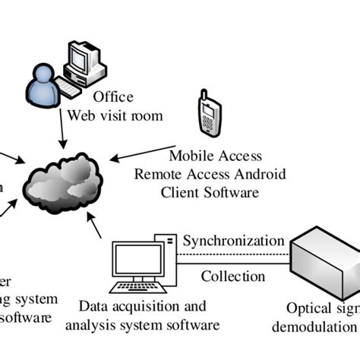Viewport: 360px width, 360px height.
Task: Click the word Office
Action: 113,97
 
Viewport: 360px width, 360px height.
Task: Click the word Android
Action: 257,174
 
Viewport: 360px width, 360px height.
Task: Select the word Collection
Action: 232,276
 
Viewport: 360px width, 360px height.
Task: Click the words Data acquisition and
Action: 143,307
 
